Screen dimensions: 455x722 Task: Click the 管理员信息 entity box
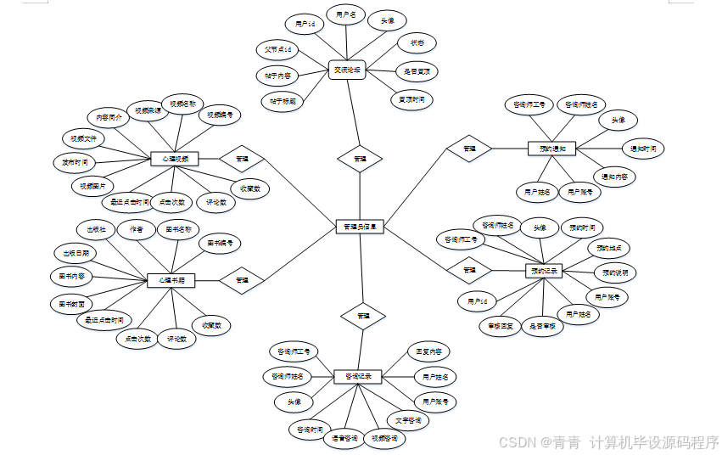(x=361, y=227)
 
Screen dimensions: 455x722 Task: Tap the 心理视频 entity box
(x=174, y=159)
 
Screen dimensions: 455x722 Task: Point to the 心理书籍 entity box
(x=171, y=279)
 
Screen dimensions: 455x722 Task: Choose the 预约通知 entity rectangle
(x=551, y=149)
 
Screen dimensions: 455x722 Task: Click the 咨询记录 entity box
(x=358, y=375)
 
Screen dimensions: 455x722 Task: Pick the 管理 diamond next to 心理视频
(x=242, y=159)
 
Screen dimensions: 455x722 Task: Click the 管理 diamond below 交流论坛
(x=360, y=159)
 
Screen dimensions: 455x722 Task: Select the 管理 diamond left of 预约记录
(x=468, y=270)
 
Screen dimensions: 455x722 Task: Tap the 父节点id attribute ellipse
(x=278, y=50)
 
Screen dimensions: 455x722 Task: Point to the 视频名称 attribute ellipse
(x=182, y=104)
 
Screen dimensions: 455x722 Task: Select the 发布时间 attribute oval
(x=74, y=161)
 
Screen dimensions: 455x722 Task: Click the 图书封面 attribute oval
(x=71, y=302)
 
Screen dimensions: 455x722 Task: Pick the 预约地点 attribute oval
(x=609, y=249)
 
